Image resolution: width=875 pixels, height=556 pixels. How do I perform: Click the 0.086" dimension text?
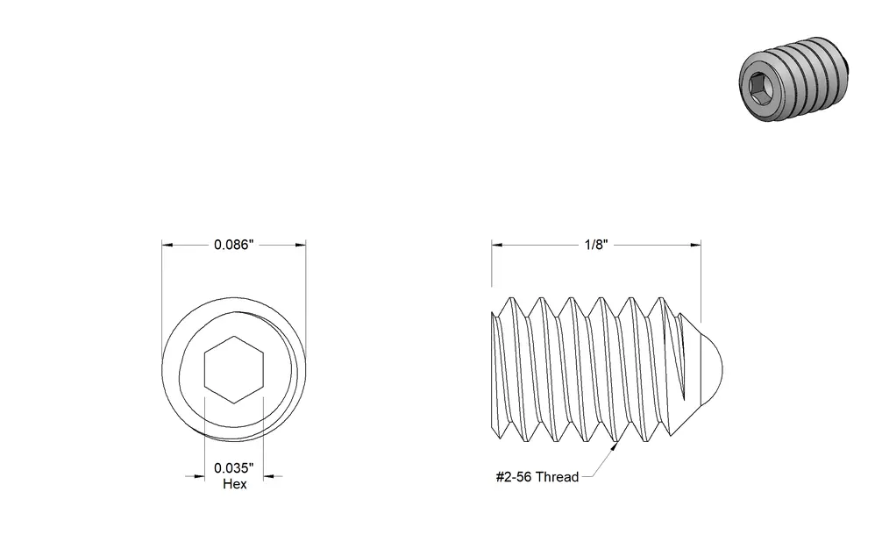(x=234, y=245)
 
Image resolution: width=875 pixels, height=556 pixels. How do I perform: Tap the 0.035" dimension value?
(x=234, y=467)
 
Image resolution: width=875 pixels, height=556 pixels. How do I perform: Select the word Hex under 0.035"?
(x=234, y=484)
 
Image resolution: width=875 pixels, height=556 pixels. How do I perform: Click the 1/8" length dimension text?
(x=596, y=245)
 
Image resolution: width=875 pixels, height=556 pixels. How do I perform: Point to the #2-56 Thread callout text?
(x=537, y=477)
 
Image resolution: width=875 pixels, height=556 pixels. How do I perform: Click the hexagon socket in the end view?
(x=234, y=369)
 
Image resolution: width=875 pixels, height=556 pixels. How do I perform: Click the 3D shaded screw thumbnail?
(x=793, y=79)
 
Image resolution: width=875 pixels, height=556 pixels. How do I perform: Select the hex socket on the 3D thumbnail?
(x=758, y=89)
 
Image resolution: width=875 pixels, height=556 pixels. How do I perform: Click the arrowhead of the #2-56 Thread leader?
(x=614, y=447)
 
